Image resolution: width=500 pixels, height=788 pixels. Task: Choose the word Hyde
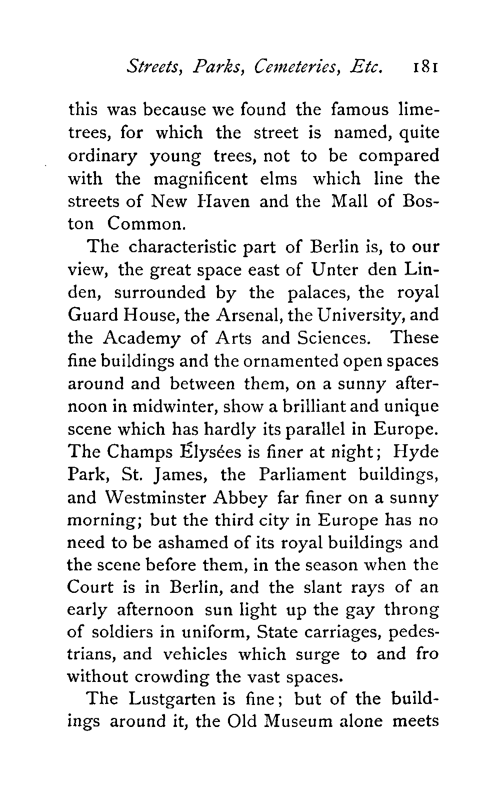coord(416,452)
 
